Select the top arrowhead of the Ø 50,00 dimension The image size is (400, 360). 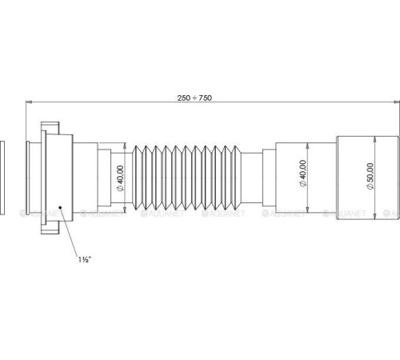click(x=376, y=138)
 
